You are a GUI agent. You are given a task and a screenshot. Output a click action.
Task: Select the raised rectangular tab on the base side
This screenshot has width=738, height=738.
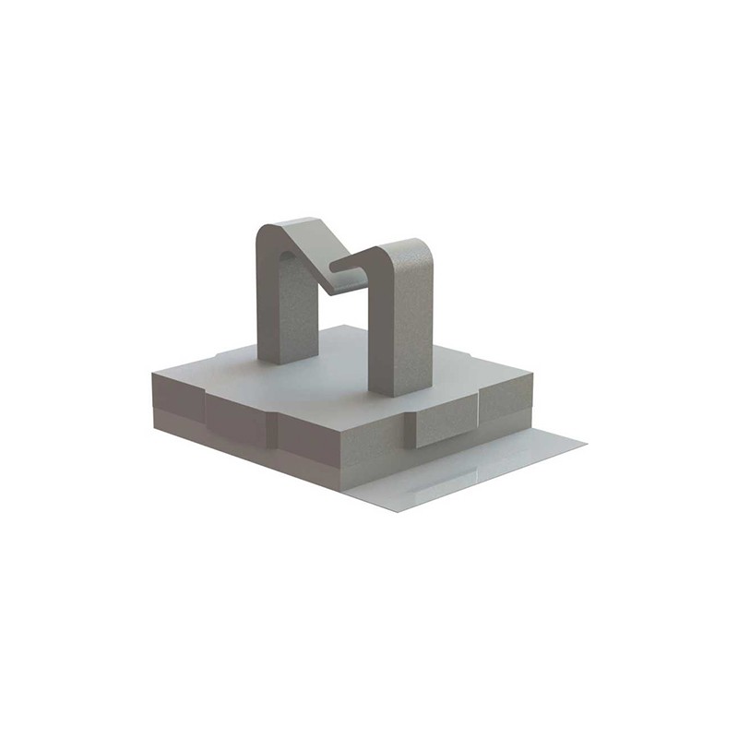click(446, 426)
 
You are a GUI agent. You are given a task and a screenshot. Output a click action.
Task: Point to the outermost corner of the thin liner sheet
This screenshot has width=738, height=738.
click(585, 442)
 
